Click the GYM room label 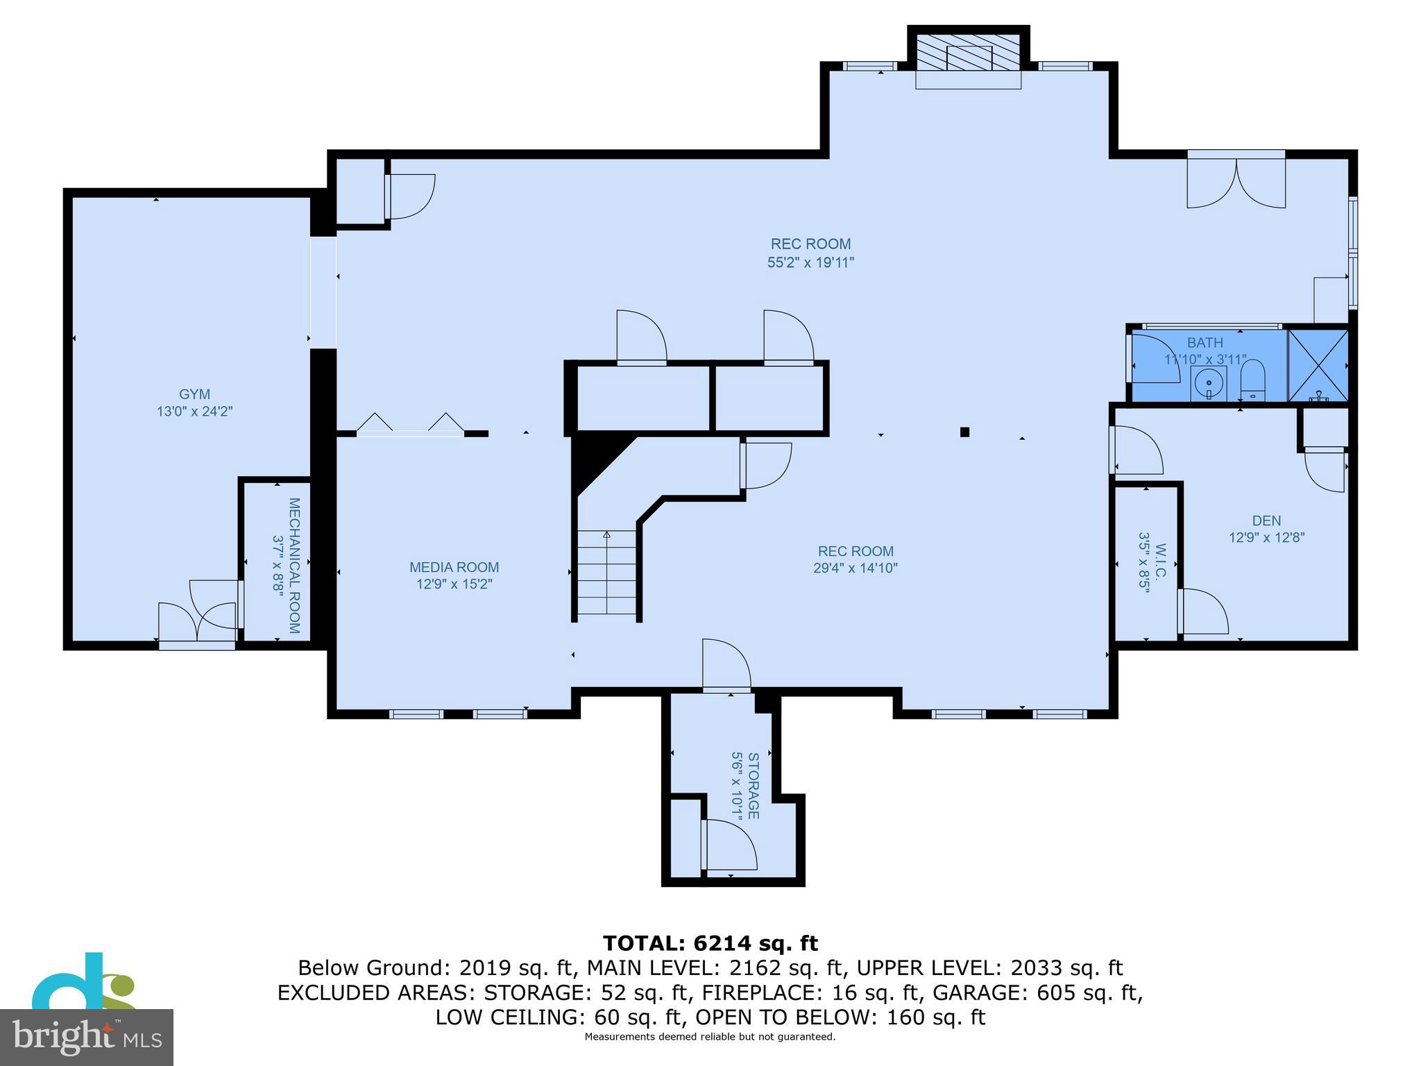(194, 394)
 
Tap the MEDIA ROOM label (454, 567)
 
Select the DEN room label (1266, 520)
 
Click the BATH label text (1205, 342)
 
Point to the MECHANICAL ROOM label (294, 566)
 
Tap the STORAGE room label (754, 785)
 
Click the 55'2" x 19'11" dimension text (810, 262)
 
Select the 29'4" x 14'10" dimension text (856, 568)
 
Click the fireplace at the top (969, 53)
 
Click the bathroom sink (1209, 383)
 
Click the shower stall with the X (1318, 365)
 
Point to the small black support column (964, 432)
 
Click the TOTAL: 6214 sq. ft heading (710, 943)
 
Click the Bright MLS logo (87, 1038)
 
